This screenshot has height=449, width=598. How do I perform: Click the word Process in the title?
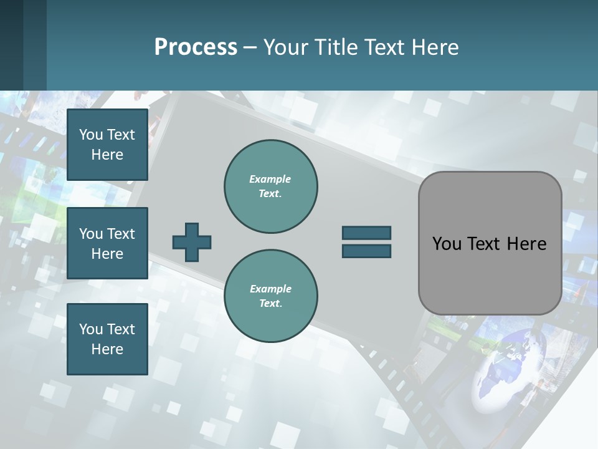196,47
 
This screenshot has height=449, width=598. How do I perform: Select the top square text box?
107,145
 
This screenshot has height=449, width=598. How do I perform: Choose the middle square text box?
107,243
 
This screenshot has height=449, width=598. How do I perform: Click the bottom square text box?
107,339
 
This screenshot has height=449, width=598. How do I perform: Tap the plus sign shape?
192,242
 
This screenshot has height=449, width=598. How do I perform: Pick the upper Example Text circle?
271,186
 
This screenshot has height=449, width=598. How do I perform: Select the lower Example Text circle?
271,296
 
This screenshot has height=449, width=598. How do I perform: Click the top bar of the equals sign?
366,233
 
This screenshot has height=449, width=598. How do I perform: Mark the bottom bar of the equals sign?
366,251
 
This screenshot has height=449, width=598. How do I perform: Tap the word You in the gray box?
447,244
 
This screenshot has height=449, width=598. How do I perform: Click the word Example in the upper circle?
270,179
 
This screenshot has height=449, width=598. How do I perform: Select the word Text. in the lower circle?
270,303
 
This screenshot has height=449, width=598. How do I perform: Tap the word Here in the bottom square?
107,349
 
